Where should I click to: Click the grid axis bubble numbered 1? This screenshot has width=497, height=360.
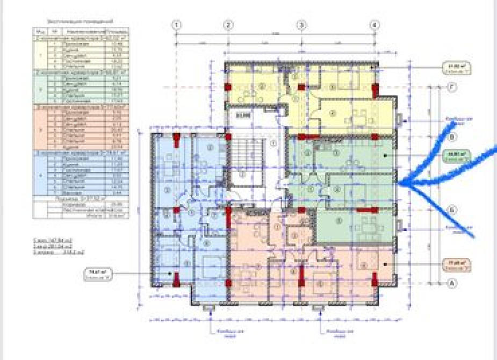click(x=177, y=25)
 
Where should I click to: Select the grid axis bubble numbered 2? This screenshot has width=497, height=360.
click(x=228, y=25)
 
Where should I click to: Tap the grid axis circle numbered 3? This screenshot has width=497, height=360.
click(x=301, y=25)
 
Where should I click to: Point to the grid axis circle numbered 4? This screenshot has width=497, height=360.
click(x=375, y=25)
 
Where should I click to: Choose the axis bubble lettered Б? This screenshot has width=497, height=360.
click(x=452, y=209)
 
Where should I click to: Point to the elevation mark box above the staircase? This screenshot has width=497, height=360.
click(x=244, y=114)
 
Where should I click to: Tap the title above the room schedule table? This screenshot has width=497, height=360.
click(x=75, y=21)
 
